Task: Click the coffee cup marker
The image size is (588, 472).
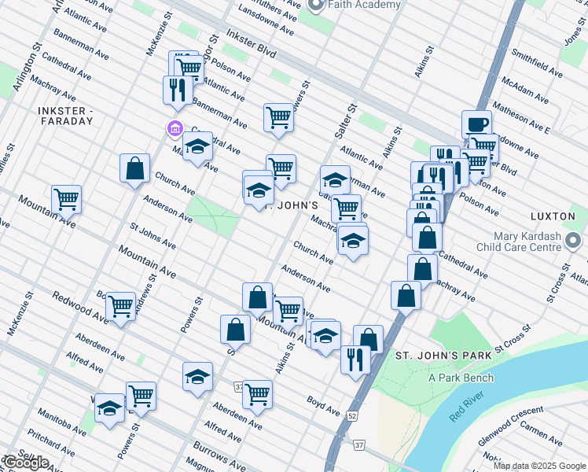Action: [x=476, y=124]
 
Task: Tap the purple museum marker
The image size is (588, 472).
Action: [x=173, y=128]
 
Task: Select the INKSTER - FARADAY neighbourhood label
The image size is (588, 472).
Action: [x=65, y=116]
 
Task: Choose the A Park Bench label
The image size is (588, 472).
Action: [x=461, y=378]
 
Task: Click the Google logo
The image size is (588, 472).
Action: [x=26, y=463]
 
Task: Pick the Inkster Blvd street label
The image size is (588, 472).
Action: [x=251, y=44]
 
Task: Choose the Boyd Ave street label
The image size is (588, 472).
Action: [x=323, y=405]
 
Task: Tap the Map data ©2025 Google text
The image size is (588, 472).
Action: [x=539, y=466]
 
